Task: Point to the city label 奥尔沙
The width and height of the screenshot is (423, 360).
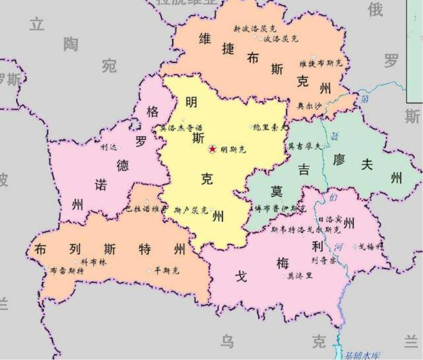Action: point(309,106)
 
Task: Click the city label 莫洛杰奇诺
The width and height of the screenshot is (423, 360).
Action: point(181,128)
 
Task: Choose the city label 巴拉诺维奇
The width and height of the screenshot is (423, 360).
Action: point(147,209)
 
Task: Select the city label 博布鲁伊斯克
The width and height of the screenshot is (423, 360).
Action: point(280,209)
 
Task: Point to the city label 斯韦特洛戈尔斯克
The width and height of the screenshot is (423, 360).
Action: point(306,229)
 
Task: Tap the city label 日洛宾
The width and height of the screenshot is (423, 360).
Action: point(330,220)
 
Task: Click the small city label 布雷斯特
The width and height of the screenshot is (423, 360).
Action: point(67,271)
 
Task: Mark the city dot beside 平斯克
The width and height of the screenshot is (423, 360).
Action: point(149,271)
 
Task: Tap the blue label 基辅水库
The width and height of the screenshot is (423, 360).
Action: point(362,355)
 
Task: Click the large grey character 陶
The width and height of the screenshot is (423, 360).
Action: point(71,45)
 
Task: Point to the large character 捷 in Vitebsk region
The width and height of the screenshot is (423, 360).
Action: point(228,49)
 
